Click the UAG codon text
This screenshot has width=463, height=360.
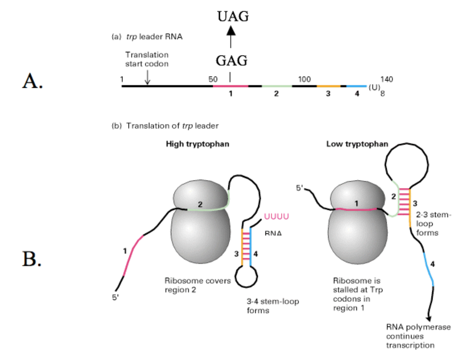232,17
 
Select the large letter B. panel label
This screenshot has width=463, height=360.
33,258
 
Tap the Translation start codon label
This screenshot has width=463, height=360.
146,59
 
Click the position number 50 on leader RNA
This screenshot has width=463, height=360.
213,79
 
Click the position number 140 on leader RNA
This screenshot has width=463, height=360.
387,79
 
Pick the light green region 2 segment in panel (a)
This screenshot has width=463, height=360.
276,85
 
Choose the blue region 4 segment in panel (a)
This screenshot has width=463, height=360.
356,85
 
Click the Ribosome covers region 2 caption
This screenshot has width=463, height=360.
198,285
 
